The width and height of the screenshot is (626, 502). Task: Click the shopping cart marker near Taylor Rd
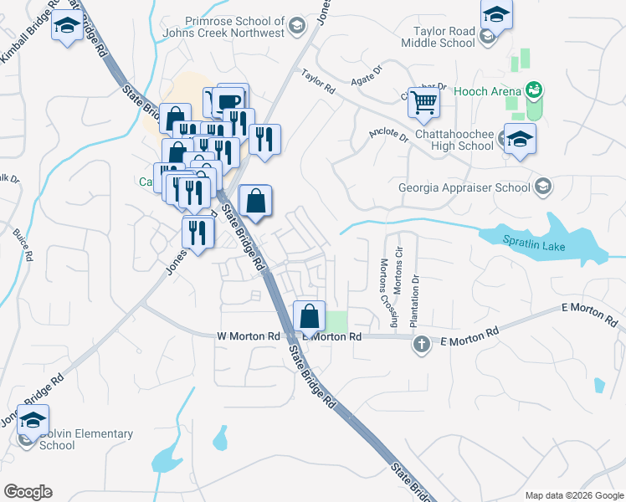pos(424,103)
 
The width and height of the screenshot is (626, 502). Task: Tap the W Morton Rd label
pos(248,336)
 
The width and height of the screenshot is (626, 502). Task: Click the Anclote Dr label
pos(388,136)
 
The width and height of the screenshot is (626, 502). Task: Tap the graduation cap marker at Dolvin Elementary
pos(33,419)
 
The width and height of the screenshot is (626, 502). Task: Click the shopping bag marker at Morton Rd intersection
pos(310,317)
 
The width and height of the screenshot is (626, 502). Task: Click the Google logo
pos(28,491)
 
